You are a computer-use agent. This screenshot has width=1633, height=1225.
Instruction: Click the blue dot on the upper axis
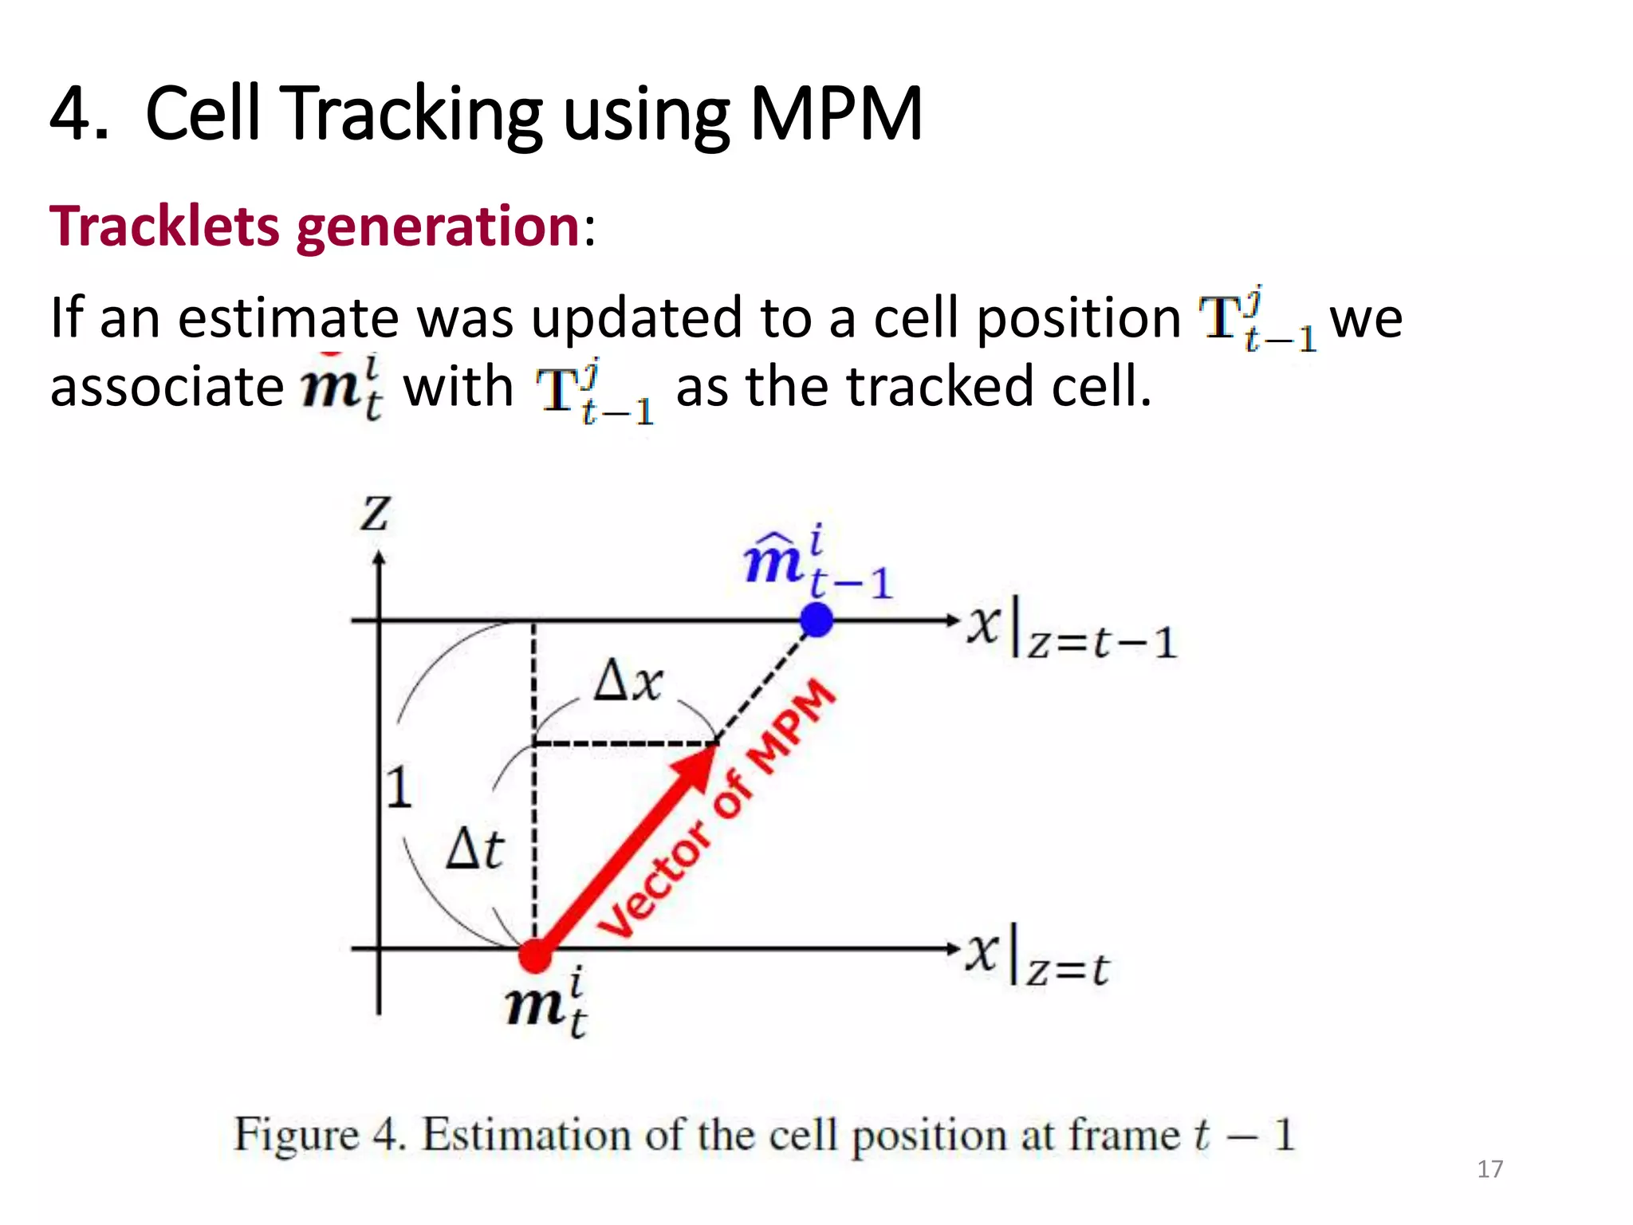click(x=816, y=620)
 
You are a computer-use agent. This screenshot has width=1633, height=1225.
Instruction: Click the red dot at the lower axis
click(x=535, y=955)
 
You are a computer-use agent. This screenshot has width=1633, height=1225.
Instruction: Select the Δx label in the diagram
click(x=628, y=681)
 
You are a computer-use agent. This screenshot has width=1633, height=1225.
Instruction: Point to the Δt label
click(x=474, y=849)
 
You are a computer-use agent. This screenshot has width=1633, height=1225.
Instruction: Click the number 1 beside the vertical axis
click(x=399, y=788)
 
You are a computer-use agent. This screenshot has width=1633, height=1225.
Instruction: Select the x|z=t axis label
click(x=1037, y=958)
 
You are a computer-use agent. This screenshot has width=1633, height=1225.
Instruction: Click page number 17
click(x=1489, y=1169)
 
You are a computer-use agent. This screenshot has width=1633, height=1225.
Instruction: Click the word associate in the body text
click(x=167, y=387)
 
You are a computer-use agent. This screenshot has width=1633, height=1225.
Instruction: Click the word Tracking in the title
click(x=414, y=115)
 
